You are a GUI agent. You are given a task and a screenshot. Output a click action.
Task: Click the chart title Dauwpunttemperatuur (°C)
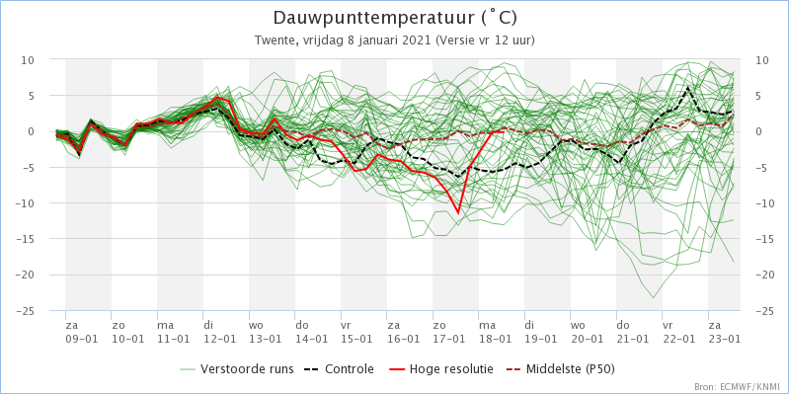point(395,18)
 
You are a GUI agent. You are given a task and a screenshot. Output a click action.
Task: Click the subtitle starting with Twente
point(395,40)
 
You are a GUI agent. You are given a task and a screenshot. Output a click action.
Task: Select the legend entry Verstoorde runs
point(236,369)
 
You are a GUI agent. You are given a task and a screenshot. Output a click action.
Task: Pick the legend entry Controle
point(339,369)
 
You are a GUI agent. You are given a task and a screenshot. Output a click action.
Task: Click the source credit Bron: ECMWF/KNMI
point(738,387)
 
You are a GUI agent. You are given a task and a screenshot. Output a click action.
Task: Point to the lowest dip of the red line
point(458,213)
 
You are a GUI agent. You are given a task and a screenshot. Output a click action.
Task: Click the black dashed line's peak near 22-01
point(687,88)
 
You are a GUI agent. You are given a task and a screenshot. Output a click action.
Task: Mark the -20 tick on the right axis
point(764,276)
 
